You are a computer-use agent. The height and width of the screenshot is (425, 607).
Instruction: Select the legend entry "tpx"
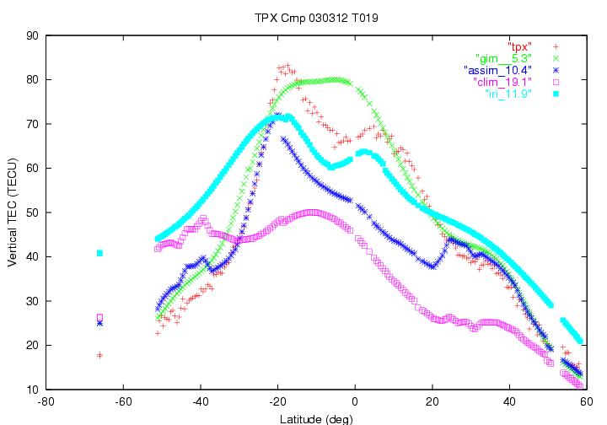pyautogui.click(x=519, y=44)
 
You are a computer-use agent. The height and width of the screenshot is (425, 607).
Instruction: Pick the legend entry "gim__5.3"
pyautogui.click(x=503, y=56)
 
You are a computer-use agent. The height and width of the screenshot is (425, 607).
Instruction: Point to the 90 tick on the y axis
pyautogui.click(x=33, y=35)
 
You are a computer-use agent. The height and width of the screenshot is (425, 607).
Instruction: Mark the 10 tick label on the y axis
pyautogui.click(x=33, y=390)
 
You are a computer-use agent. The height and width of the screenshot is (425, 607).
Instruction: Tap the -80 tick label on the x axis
pyautogui.click(x=46, y=402)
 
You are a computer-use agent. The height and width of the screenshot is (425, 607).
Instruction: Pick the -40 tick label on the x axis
pyautogui.click(x=201, y=402)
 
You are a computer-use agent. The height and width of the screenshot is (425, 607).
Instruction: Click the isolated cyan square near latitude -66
pyautogui.click(x=99, y=253)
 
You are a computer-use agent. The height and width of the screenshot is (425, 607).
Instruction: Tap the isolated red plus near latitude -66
pyautogui.click(x=99, y=355)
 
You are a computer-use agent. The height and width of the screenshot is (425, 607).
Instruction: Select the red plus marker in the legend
pyautogui.click(x=556, y=44)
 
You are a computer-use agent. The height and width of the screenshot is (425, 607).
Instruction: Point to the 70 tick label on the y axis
pyautogui.click(x=33, y=124)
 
